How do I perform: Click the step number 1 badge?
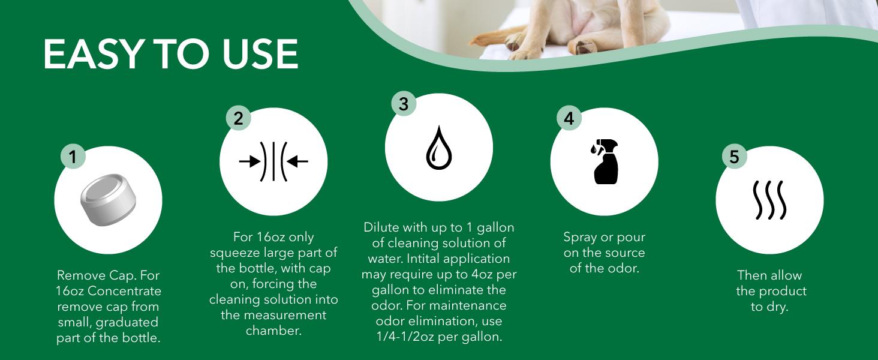73,157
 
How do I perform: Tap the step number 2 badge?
238,118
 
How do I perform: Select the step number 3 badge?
404,104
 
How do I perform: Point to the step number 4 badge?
569,118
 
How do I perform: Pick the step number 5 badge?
735,157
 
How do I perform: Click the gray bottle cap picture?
109,200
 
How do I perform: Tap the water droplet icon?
439,148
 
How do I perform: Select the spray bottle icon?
605,161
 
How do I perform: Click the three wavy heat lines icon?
770,200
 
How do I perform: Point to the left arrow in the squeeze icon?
249,161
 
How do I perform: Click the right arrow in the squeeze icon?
297,161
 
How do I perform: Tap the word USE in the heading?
260,54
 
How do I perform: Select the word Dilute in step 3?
381,227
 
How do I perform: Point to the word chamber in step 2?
273,331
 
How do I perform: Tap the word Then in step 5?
751,275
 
